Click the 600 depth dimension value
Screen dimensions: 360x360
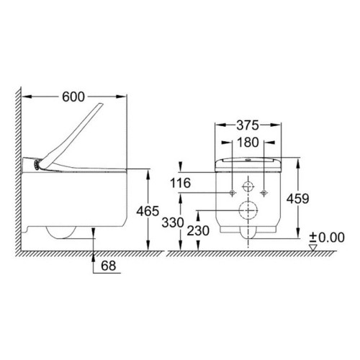(x=73, y=97)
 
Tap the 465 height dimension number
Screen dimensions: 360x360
(x=148, y=211)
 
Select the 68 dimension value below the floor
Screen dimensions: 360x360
(x=109, y=266)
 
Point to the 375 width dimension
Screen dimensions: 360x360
(x=248, y=125)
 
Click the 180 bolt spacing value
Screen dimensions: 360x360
(x=248, y=143)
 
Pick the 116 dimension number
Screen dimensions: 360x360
(x=180, y=183)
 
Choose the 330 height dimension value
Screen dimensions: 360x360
(x=173, y=222)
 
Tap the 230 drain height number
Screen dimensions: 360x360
(x=198, y=231)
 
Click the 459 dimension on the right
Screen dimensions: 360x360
(x=297, y=199)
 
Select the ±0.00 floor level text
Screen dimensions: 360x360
(x=327, y=238)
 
